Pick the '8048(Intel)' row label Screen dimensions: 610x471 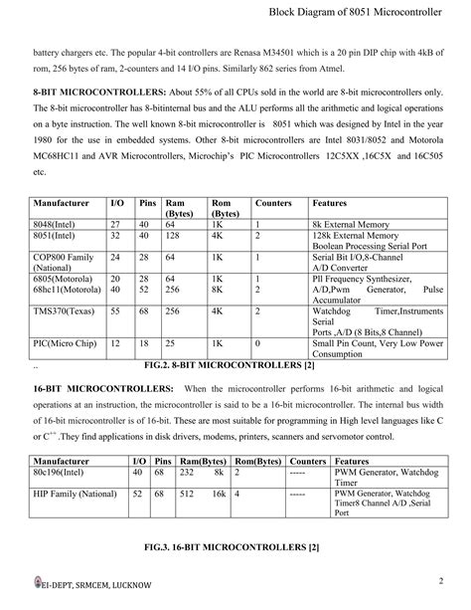click(x=58, y=224)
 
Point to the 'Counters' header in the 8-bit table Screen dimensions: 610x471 click(x=273, y=203)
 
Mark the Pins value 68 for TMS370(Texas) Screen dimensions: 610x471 click(x=146, y=310)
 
